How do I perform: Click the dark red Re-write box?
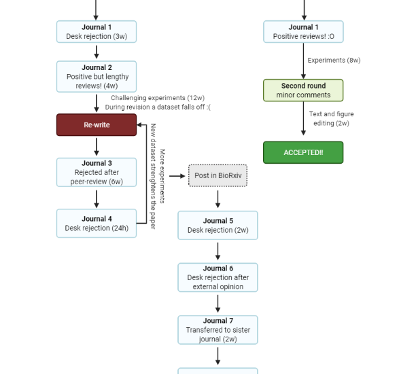pos(97,124)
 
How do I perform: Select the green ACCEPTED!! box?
pos(303,152)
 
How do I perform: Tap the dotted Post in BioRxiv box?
pos(218,175)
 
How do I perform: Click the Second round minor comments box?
pos(303,90)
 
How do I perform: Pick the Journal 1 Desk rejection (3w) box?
pos(97,31)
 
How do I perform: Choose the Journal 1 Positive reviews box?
pos(303,31)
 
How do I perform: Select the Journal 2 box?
pos(97,76)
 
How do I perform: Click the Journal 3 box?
pos(97,172)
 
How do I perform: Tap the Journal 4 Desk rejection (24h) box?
pos(97,223)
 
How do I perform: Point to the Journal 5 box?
pos(218,225)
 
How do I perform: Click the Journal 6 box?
pos(218,277)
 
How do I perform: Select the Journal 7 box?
pos(218,330)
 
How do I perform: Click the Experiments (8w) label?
pos(334,61)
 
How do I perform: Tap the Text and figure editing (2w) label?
pos(331,118)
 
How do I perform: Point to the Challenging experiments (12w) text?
pos(158,98)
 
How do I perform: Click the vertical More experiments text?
pos(162,176)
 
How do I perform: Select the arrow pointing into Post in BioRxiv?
pos(177,176)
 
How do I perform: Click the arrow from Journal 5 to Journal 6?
pos(218,251)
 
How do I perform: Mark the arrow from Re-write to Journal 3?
pos(97,147)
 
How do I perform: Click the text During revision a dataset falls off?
pos(158,107)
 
